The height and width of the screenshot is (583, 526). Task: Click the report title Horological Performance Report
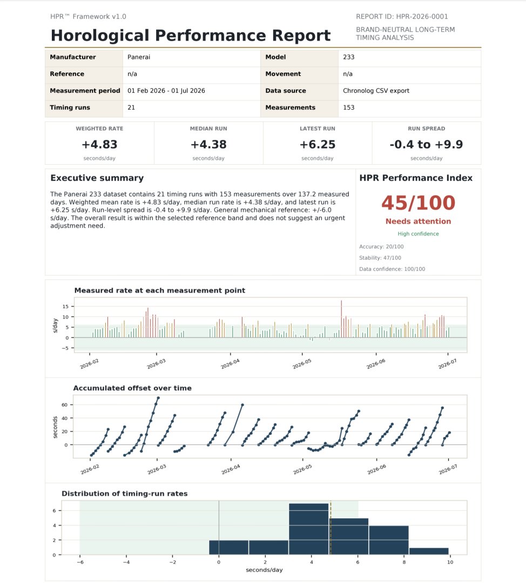click(x=191, y=35)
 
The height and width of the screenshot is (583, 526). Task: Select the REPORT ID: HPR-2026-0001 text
click(x=402, y=16)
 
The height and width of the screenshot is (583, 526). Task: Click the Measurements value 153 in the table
click(x=348, y=107)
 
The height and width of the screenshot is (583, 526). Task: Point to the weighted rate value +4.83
click(x=99, y=144)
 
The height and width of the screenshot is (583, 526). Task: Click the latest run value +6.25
click(x=318, y=144)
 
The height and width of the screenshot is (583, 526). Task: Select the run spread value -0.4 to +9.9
click(x=426, y=144)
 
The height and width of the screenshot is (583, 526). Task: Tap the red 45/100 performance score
click(x=418, y=203)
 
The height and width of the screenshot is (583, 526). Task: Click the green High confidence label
click(x=418, y=234)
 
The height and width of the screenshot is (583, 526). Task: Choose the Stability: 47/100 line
click(x=380, y=257)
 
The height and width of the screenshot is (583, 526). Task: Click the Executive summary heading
click(x=97, y=178)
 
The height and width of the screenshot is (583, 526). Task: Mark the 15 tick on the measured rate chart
click(x=65, y=307)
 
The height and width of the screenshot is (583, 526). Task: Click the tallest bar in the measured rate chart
click(x=341, y=319)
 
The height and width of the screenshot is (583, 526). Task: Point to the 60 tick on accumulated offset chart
click(x=65, y=405)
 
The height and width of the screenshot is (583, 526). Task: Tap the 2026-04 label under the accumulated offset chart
click(x=231, y=470)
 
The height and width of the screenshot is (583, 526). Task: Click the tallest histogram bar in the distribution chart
click(x=309, y=529)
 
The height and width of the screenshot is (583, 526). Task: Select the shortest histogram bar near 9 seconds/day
click(x=429, y=551)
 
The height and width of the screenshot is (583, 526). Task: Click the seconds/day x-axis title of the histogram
click(x=264, y=570)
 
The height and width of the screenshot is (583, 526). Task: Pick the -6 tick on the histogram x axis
click(x=80, y=562)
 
